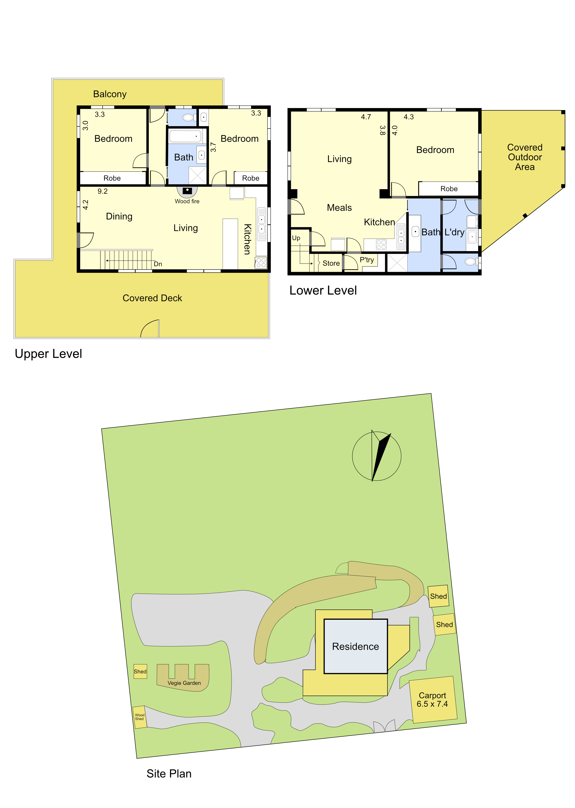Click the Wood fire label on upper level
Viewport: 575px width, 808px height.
pyautogui.click(x=187, y=201)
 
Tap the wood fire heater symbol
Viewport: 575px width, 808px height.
pyautogui.click(x=187, y=191)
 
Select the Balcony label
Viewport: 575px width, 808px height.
pyautogui.click(x=110, y=94)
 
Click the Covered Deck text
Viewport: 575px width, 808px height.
pyautogui.click(x=152, y=298)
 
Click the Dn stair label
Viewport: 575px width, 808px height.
pyautogui.click(x=158, y=264)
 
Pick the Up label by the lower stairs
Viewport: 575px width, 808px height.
pyautogui.click(x=296, y=238)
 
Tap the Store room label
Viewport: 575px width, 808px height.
pyautogui.click(x=331, y=263)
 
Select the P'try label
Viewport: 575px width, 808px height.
pyautogui.click(x=367, y=260)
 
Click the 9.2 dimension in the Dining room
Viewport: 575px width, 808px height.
pyautogui.click(x=103, y=191)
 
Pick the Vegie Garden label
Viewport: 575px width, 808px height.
pyautogui.click(x=184, y=683)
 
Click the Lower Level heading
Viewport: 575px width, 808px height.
pyautogui.click(x=323, y=291)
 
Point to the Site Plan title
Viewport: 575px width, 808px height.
pyautogui.click(x=169, y=774)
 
